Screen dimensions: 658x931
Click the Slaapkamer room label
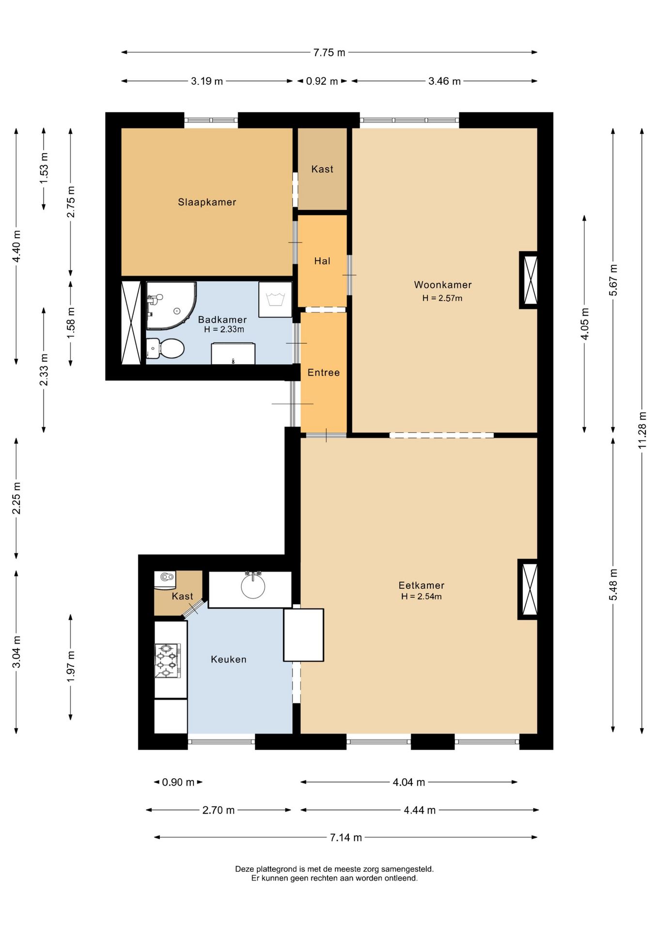207,202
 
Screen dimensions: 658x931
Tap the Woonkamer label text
443,285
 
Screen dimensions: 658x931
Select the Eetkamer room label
422,585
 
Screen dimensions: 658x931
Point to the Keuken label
229,659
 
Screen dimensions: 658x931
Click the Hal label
322,261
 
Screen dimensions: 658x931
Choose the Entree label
324,372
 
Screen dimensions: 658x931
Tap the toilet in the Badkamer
165,349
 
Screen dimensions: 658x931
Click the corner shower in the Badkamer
171,305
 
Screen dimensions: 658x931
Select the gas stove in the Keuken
168,660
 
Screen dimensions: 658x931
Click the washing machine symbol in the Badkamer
275,300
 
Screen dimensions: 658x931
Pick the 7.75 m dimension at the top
329,52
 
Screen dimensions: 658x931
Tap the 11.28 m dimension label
642,430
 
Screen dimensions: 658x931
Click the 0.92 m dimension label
322,81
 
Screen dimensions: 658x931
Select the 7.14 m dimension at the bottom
346,837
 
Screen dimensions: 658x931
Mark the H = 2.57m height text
442,298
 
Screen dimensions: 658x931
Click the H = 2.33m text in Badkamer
224,329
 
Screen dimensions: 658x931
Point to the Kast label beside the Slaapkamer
322,169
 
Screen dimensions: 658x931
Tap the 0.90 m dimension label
178,782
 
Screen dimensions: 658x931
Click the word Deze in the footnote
245,869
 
